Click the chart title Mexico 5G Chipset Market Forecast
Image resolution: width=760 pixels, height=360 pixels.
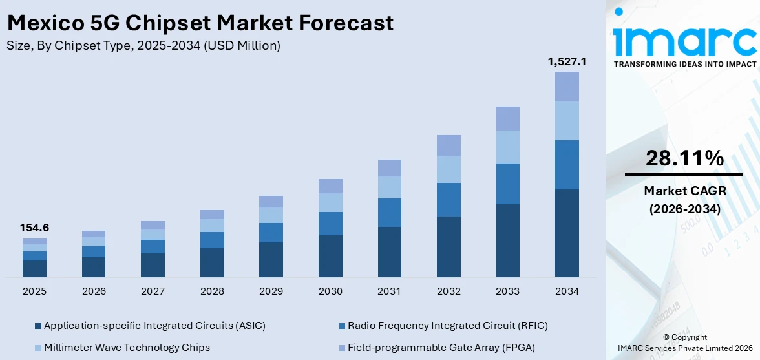200,23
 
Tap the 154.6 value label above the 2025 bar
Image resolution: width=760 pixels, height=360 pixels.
35,228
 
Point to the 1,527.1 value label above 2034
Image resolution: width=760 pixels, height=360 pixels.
567,61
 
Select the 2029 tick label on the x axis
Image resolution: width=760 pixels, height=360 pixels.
271,291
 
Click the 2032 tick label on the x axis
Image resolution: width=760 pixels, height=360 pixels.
449,291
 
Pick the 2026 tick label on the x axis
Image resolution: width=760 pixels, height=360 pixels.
94,291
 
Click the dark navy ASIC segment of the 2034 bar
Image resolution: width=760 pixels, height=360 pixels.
567,233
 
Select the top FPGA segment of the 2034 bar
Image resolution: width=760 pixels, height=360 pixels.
567,87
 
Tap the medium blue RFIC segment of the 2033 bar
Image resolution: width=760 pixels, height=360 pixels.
508,184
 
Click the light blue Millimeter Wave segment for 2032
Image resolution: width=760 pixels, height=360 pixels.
449,169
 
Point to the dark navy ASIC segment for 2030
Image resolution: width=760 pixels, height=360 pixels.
330,256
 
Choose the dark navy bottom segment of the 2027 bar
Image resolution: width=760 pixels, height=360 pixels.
153,265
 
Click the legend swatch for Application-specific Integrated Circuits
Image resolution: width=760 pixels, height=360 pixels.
37,326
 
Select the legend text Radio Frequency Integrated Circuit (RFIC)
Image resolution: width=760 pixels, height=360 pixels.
447,325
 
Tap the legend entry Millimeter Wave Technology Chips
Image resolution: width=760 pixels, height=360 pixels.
127,347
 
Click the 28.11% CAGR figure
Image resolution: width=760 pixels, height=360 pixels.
684,158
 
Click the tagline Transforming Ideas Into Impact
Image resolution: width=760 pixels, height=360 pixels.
684,64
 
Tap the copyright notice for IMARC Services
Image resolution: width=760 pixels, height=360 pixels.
684,343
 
